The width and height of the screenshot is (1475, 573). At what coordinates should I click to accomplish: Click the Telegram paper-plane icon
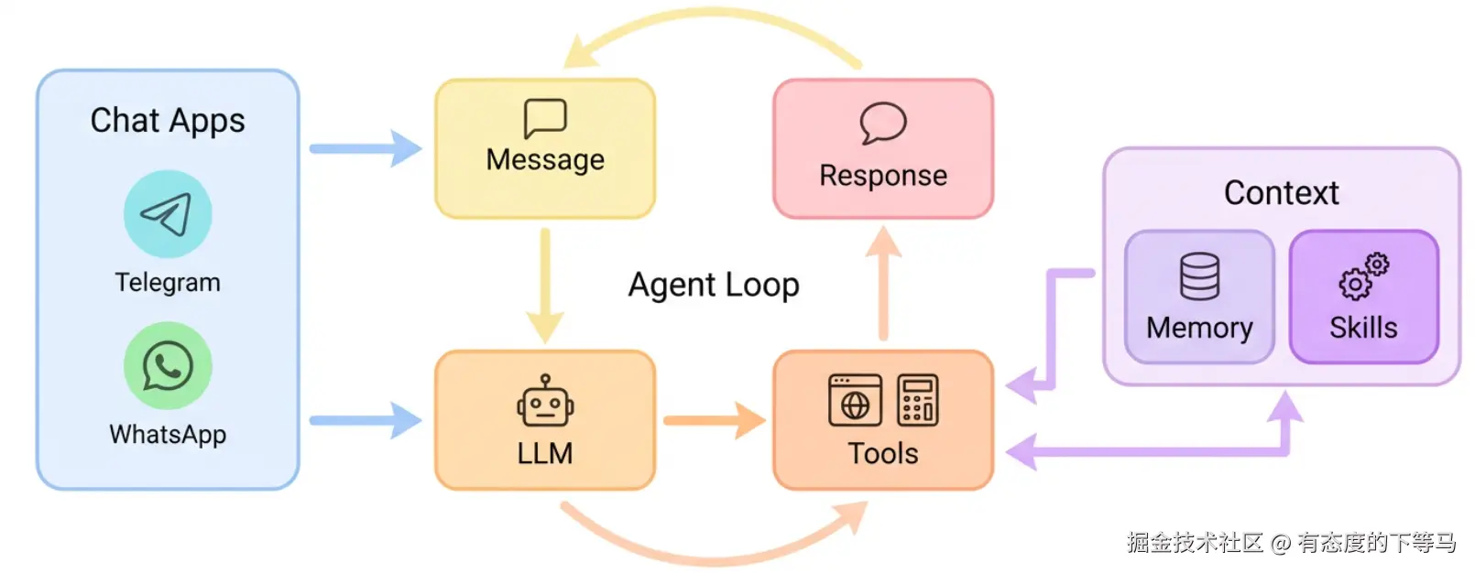pos(168,214)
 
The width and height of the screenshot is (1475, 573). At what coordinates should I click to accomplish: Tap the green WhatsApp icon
pos(168,366)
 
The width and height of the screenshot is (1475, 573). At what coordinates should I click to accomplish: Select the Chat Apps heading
pos(168,121)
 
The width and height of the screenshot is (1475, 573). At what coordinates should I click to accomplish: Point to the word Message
pos(545,160)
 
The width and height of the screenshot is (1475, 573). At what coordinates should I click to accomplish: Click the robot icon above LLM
pos(545,403)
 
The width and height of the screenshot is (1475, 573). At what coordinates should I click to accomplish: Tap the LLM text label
pos(545,453)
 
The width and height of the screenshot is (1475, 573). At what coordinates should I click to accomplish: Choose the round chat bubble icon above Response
pos(883,124)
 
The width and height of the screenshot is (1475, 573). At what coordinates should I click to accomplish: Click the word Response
pos(883,176)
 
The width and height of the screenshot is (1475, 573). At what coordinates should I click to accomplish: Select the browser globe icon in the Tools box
pos(855,401)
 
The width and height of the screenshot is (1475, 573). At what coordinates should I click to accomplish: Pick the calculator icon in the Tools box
pos(917,401)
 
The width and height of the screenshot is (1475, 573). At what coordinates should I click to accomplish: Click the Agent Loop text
pos(714,286)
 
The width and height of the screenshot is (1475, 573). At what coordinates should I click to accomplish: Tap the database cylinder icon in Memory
pos(1199,276)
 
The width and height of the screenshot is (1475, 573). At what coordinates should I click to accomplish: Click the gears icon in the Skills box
pos(1363,276)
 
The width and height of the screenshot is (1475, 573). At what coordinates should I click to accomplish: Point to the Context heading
pos(1281,193)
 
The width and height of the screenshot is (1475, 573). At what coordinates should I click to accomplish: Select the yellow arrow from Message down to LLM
pos(545,284)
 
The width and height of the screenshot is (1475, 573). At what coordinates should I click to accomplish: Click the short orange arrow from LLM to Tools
pos(714,421)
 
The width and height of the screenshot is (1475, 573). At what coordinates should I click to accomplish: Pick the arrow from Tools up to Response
pos(883,284)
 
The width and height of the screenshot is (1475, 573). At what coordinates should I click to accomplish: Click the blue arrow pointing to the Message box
pos(365,148)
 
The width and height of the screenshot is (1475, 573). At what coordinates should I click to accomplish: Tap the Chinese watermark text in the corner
pos(1291,543)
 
